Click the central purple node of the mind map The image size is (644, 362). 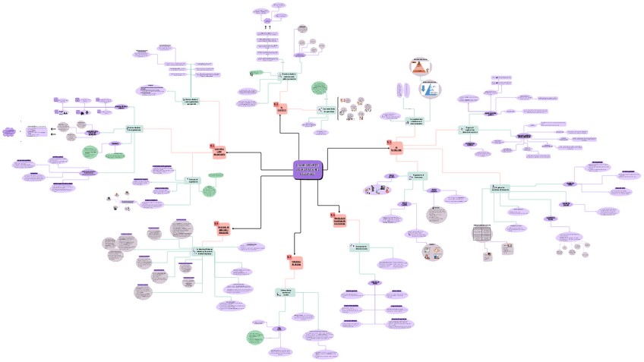(x=308, y=170)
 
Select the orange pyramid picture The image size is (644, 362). (x=420, y=68)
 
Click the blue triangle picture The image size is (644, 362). (x=430, y=89)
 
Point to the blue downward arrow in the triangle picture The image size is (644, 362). (x=423, y=89)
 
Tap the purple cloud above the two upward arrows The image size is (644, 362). (x=268, y=20)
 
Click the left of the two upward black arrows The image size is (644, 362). (x=265, y=28)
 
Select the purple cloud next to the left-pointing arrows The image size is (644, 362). (x=9, y=132)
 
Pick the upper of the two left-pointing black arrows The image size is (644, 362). (x=52, y=128)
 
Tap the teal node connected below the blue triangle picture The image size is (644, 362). (x=416, y=121)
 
